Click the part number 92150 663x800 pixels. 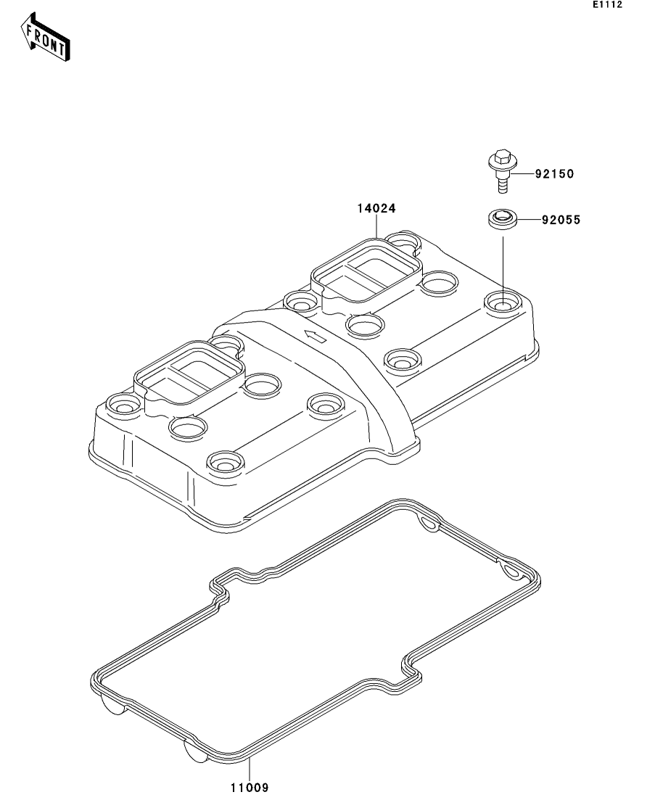pos(554,174)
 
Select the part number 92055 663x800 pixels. pos(561,220)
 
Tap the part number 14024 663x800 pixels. pos(376,208)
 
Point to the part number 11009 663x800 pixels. pos(249,788)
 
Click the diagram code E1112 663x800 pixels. pos(607,4)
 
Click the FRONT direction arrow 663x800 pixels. pos(45,37)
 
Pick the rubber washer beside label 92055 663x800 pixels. pos(501,219)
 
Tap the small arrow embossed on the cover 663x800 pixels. pos(315,336)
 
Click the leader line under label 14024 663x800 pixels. pos(376,226)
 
